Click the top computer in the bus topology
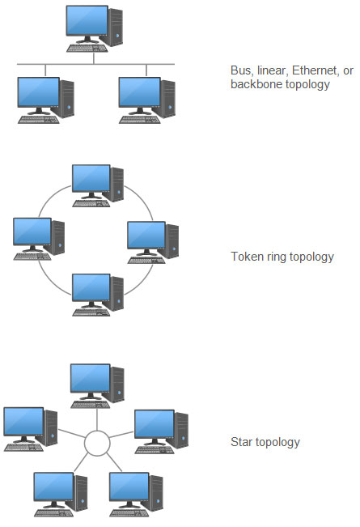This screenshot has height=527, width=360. tap(93, 24)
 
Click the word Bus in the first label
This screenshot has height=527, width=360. tap(240, 71)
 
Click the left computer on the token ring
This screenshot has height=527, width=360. tap(37, 236)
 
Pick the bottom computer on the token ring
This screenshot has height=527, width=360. tap(97, 293)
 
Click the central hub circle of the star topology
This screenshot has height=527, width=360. tap(97, 444)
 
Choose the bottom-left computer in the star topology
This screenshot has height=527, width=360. tap(59, 491)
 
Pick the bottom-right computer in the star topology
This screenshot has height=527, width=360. tap(135, 491)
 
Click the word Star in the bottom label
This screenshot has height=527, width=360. tap(241, 442)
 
